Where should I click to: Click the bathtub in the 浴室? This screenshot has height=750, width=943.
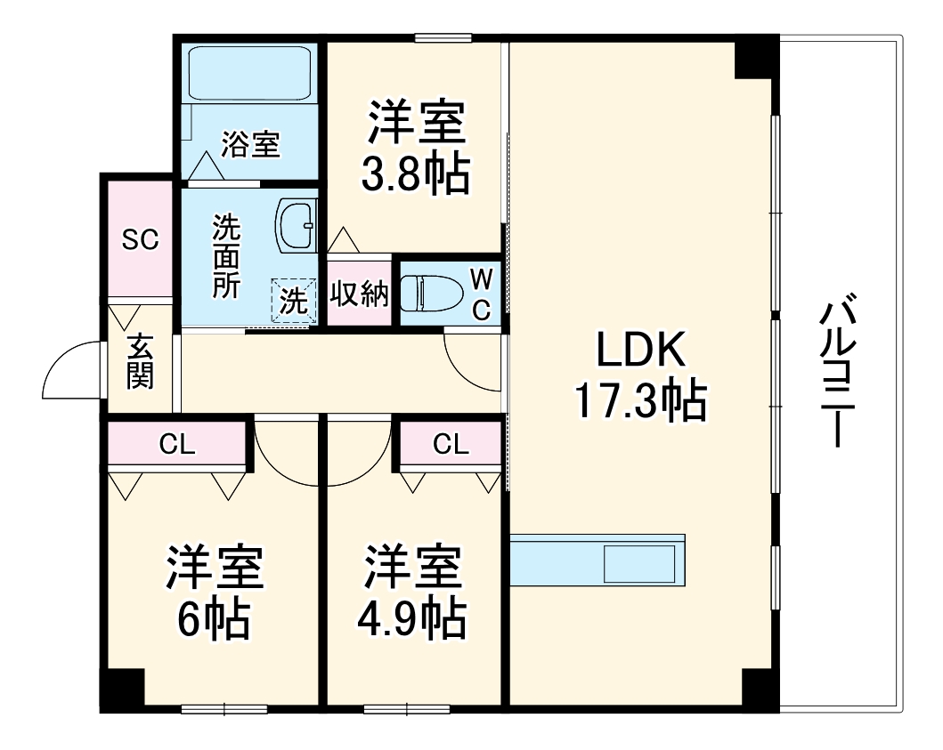[x=250, y=73]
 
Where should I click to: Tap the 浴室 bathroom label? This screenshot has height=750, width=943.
[x=251, y=144]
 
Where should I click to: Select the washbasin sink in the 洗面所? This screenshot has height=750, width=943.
[x=296, y=226]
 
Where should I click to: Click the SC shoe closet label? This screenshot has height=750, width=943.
[x=140, y=239]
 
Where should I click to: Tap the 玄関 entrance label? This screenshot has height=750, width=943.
[x=140, y=361]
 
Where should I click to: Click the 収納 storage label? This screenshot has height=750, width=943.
[x=360, y=294]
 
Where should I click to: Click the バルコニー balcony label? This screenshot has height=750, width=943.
[x=837, y=374]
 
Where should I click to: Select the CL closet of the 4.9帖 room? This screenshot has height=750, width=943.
[x=451, y=444]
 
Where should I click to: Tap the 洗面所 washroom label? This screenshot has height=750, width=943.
[x=225, y=257]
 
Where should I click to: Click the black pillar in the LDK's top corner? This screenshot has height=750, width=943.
[x=756, y=57]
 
